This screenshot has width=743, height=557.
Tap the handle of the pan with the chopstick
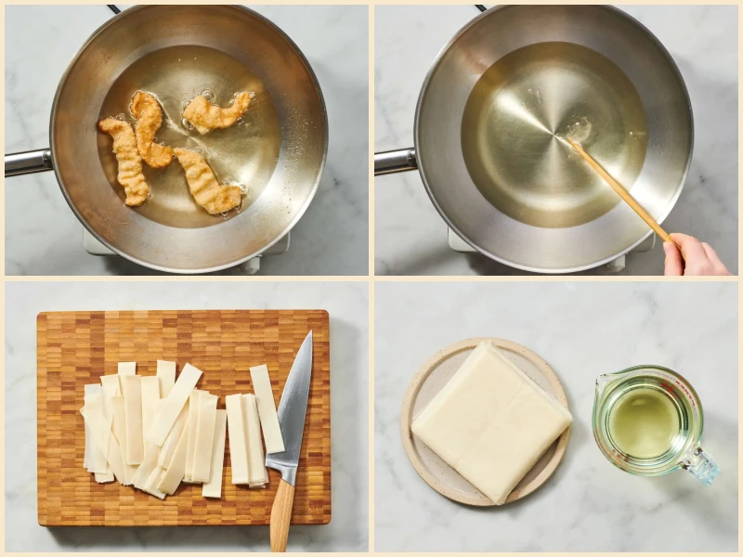(x=396, y=162)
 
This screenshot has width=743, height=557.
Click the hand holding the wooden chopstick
(x=694, y=254)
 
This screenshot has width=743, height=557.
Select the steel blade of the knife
(x=294, y=399)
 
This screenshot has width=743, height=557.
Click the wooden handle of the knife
(x=280, y=514)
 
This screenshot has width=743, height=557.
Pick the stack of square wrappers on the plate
(x=490, y=422)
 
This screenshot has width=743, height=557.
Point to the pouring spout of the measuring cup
(x=602, y=380)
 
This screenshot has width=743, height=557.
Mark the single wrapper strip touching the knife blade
(x=267, y=408)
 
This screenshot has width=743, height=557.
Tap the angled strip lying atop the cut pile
(x=176, y=403)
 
